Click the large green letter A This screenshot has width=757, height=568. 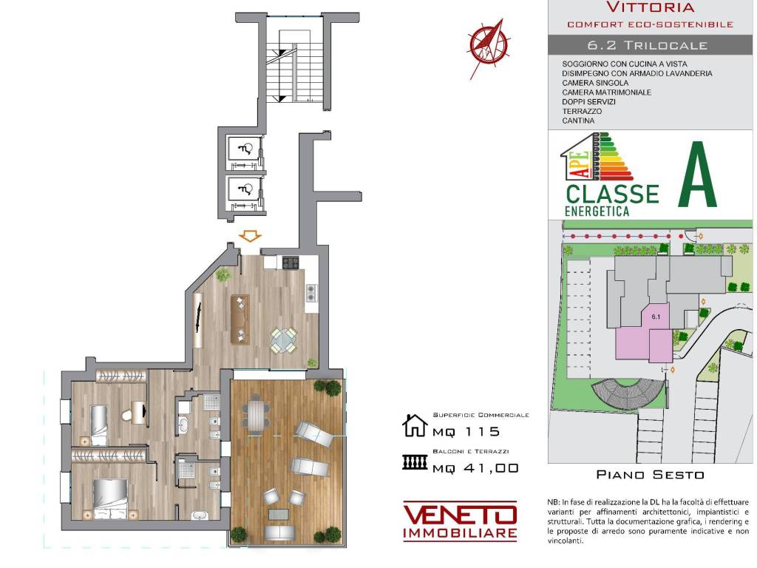pyautogui.click(x=699, y=178)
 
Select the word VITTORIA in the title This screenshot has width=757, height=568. pyautogui.click(x=650, y=8)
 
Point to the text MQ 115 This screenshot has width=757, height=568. pyautogui.click(x=466, y=432)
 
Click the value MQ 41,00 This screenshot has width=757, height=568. pyautogui.click(x=475, y=467)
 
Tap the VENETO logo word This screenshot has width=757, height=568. pyautogui.click(x=459, y=513)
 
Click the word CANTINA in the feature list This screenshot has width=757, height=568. pyautogui.click(x=578, y=121)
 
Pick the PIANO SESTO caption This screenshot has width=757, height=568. pyautogui.click(x=650, y=475)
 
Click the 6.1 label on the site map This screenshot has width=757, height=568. pyautogui.click(x=655, y=316)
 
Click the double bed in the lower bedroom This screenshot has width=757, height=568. pyautogui.click(x=111, y=497)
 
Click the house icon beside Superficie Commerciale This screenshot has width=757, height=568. pyautogui.click(x=415, y=426)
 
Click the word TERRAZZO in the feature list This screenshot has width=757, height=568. pyautogui.click(x=582, y=111)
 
